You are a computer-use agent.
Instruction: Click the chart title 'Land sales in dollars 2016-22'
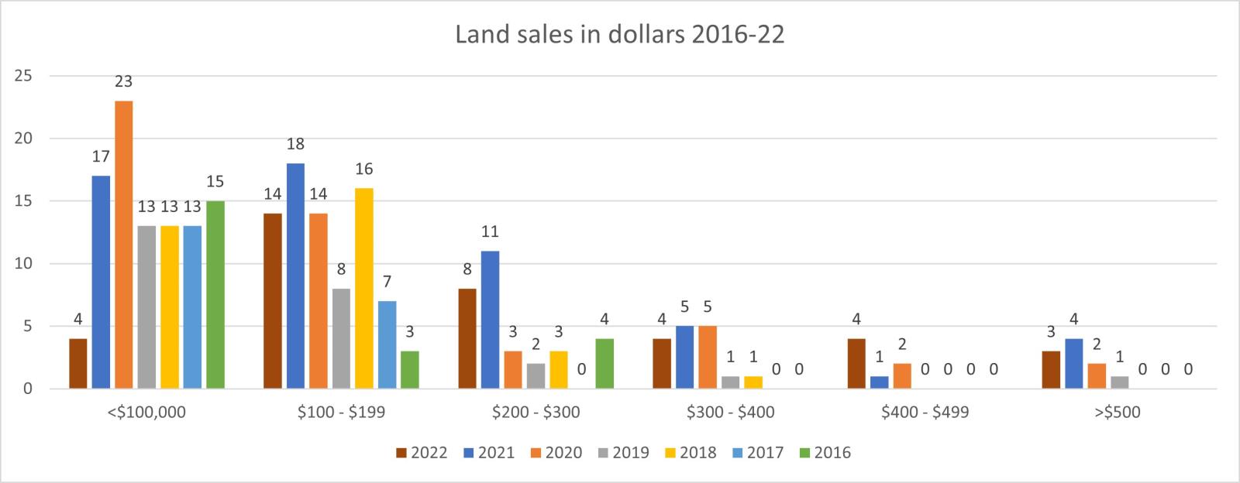coord(619,35)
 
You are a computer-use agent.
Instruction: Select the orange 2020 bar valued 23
coord(124,245)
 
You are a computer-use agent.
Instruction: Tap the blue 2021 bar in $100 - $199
coord(295,276)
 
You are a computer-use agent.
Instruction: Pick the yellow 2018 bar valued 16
coord(364,288)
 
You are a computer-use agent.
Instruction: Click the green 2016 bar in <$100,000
coord(215,294)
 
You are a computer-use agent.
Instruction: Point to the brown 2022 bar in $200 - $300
coord(467,338)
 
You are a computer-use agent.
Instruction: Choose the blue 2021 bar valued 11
coord(490,320)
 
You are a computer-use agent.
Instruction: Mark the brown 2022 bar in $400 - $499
coord(856,363)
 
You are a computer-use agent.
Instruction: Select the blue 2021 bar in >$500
coord(1074,363)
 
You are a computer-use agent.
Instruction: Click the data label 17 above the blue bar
coord(101,156)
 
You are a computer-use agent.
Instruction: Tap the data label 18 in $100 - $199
coord(295,144)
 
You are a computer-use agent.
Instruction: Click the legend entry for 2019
coord(622,453)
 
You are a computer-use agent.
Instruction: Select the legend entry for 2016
coord(824,453)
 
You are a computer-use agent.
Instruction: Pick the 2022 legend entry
coord(421,453)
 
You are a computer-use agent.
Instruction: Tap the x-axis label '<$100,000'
coord(147,413)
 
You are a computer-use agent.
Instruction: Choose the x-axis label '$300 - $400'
coord(731,413)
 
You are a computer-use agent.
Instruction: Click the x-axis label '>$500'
coord(1118,413)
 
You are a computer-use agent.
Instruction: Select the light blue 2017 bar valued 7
coord(387,344)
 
